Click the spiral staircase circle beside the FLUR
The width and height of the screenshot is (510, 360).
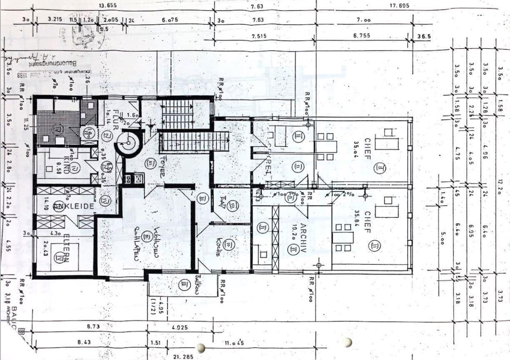click(128, 142)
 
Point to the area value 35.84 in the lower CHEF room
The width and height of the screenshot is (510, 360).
click(356, 217)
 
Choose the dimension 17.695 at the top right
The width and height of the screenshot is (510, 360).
click(399, 5)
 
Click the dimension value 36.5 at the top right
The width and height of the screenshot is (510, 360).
click(423, 36)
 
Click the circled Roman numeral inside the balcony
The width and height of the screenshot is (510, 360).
click(184, 285)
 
